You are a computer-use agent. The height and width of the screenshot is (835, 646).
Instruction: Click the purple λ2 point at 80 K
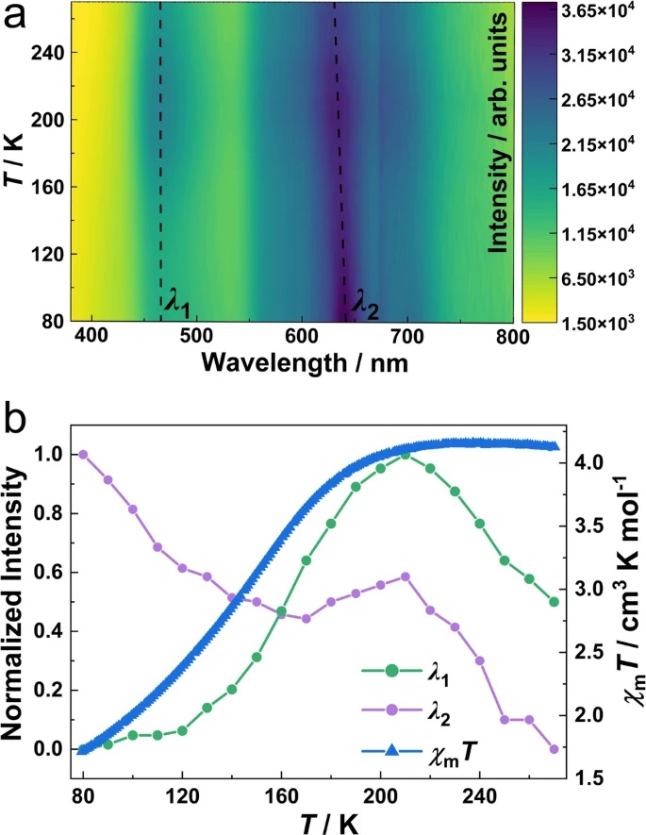(x=83, y=454)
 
